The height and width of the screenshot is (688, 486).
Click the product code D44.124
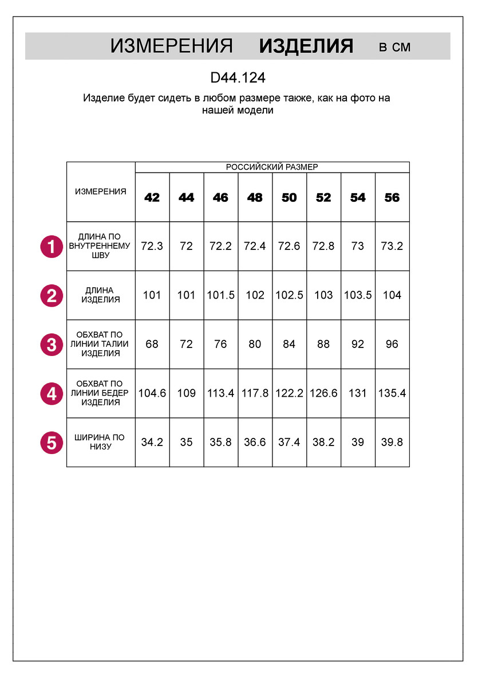[x=238, y=77]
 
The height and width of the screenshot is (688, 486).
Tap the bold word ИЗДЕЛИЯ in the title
[x=306, y=46]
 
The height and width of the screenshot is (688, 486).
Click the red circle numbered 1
[x=52, y=247]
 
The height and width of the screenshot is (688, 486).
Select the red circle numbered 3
[x=52, y=345]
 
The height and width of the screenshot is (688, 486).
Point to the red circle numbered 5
[x=52, y=443]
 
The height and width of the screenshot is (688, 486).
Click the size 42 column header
[x=152, y=198]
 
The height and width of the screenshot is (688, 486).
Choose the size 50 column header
[x=289, y=198]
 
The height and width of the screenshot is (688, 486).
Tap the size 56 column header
[x=392, y=198]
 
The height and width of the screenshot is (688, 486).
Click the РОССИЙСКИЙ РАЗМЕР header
[x=272, y=167]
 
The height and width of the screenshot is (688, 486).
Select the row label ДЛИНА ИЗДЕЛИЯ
[x=101, y=295]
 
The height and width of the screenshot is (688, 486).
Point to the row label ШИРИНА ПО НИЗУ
[x=101, y=442]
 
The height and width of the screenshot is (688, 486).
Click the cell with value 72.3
[x=152, y=247]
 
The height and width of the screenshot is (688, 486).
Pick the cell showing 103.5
[x=358, y=295]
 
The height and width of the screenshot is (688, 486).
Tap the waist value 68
[x=152, y=345]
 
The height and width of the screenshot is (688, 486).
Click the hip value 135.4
[x=392, y=393]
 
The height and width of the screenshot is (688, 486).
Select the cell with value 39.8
[x=392, y=443]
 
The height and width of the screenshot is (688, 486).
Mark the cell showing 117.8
[x=255, y=393]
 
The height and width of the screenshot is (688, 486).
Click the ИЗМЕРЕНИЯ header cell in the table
[x=101, y=191]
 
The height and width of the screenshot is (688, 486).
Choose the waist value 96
[x=392, y=345]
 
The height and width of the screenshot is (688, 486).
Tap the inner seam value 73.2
[x=392, y=247]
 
